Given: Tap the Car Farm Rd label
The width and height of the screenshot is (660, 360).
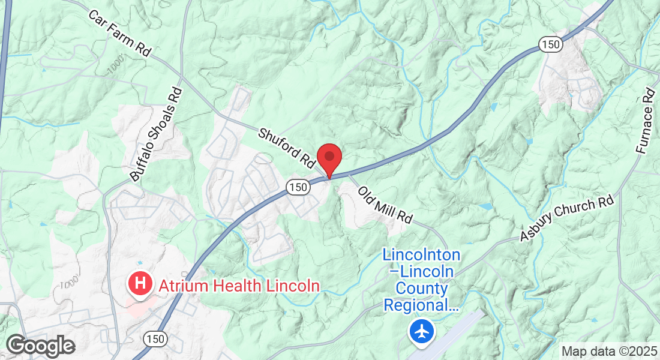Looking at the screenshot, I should click(119, 32).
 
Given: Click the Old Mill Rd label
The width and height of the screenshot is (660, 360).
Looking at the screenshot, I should click(385, 205).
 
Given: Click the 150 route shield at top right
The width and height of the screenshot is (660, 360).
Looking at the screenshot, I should click(550, 43).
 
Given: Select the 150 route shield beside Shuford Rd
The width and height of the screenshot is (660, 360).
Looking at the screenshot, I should click(298, 187).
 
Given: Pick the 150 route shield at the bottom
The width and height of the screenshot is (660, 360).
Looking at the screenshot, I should click(154, 339).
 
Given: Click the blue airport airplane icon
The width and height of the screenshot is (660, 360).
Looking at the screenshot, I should click(422, 331).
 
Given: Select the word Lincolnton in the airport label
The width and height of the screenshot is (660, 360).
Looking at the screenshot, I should click(421, 255).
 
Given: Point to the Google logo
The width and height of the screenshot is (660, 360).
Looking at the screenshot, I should click(40, 346).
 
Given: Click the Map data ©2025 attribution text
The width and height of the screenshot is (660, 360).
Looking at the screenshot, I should click(608, 351).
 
